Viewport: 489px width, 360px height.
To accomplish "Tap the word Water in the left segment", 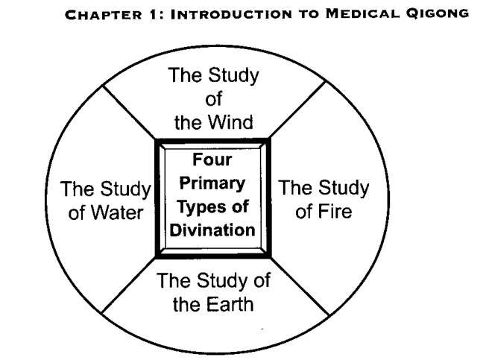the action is pyautogui.click(x=117, y=212).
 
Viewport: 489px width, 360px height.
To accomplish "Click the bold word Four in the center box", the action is pyautogui.click(x=212, y=160).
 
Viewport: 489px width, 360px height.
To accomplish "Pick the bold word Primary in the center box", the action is pyautogui.click(x=212, y=183).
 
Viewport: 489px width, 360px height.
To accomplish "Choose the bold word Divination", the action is pyautogui.click(x=212, y=230).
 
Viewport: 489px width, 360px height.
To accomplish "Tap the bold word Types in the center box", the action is pyautogui.click(x=198, y=207).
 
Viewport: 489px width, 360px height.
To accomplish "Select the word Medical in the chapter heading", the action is pyautogui.click(x=362, y=13).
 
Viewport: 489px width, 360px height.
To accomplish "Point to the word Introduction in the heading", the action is pyautogui.click(x=231, y=14).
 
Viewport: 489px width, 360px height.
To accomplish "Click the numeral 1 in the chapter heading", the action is pyautogui.click(x=153, y=14).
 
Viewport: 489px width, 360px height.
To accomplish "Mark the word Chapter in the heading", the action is pyautogui.click(x=103, y=15).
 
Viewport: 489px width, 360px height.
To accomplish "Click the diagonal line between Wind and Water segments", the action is pyautogui.click(x=129, y=113).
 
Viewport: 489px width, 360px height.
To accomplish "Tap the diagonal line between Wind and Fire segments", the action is pyautogui.click(x=297, y=110).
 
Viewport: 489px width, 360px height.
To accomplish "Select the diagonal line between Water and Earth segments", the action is pyautogui.click(x=129, y=285).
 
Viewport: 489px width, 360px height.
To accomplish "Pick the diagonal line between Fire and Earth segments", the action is pyautogui.click(x=300, y=286).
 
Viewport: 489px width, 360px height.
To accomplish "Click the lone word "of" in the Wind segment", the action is pyautogui.click(x=214, y=99).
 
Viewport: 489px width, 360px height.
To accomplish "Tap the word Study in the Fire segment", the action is pyautogui.click(x=344, y=189).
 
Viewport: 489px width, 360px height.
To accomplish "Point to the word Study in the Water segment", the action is pyautogui.click(x=126, y=189).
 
